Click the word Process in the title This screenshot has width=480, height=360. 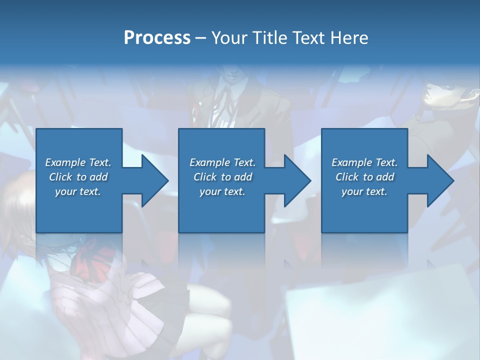tap(157, 38)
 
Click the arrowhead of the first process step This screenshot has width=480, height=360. tap(154, 180)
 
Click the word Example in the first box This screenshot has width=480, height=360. tap(65, 162)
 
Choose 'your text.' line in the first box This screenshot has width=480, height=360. tap(78, 191)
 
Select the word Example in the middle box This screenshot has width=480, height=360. tap(210, 162)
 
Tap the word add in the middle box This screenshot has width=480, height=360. tap(243, 177)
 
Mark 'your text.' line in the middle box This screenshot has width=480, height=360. tap(222, 191)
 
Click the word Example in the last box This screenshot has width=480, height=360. tap(352, 162)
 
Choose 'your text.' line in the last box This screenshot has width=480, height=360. tap(364, 191)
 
